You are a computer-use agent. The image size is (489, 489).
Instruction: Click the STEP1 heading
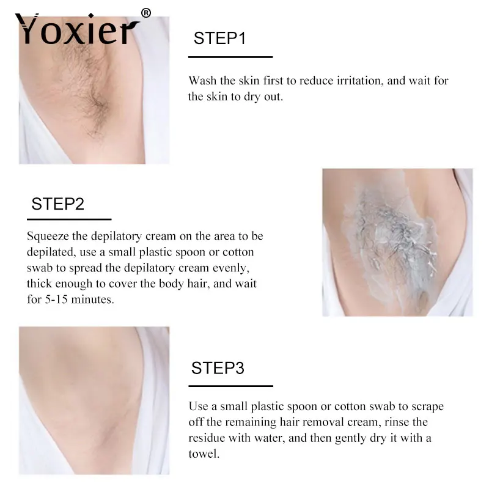pyautogui.click(x=219, y=39)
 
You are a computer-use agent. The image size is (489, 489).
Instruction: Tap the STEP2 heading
pyautogui.click(x=57, y=204)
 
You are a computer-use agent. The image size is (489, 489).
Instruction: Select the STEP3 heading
pyautogui.click(x=218, y=368)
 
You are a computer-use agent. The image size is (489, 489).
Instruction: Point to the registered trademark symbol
pyautogui.click(x=146, y=13)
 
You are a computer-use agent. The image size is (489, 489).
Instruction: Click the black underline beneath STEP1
pyautogui.click(x=230, y=57)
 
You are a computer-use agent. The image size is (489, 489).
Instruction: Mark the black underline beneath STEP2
pyautogui.click(x=69, y=218)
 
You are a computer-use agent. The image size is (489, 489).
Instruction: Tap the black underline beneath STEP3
pyautogui.click(x=230, y=386)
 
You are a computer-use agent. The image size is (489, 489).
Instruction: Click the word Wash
pyautogui.click(x=202, y=81)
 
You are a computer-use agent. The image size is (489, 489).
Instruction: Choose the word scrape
pyautogui.click(x=427, y=406)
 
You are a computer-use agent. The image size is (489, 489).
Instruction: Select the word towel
pyautogui.click(x=203, y=454)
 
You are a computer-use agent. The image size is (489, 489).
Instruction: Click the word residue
pyautogui.click(x=207, y=438)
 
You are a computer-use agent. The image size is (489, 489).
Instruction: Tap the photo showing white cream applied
pyautogui.click(x=397, y=242)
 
